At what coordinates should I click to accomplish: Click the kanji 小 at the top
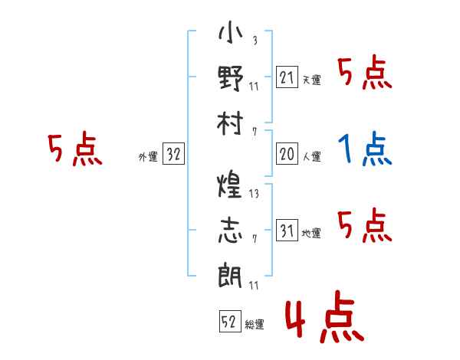[x=231, y=32]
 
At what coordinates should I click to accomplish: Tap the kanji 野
[x=231, y=78]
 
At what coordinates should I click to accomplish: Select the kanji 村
[x=230, y=123]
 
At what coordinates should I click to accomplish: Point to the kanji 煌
[x=230, y=184]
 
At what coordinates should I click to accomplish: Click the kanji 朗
[x=230, y=275]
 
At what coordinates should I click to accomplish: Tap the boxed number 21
[x=287, y=77]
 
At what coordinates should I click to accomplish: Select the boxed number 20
[x=287, y=153]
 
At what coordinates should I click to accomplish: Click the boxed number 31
[x=287, y=230]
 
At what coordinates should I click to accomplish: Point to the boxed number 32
[x=173, y=153]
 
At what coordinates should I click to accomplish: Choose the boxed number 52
[x=230, y=321]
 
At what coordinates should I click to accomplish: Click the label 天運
[x=312, y=80]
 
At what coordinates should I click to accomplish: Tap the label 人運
[x=312, y=156]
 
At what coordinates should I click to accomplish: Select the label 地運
[x=311, y=234]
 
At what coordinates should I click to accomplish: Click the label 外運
[x=148, y=157]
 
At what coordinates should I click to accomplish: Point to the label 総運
[x=255, y=325]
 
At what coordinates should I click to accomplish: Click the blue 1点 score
[x=365, y=149]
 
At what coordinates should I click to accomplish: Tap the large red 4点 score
[x=325, y=316]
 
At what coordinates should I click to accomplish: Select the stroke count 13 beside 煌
[x=254, y=194]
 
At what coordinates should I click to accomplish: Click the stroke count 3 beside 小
[x=255, y=40]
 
